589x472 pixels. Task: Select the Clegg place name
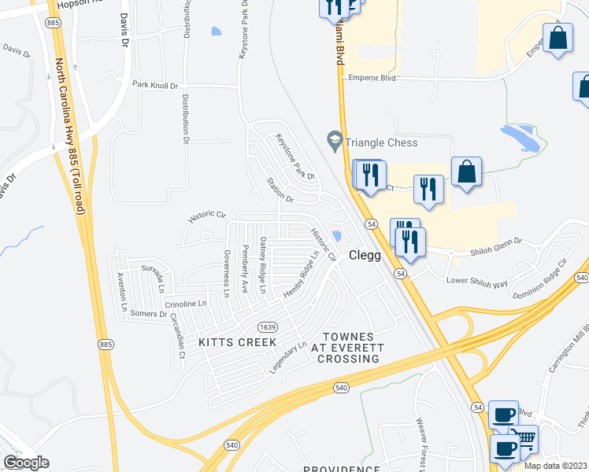(365, 256)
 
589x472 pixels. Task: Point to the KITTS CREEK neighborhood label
(226, 342)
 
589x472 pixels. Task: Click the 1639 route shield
(268, 326)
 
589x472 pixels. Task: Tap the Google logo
(26, 462)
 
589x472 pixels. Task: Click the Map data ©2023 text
(556, 466)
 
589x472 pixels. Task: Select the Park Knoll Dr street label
(157, 84)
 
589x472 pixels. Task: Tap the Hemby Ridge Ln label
(305, 274)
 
